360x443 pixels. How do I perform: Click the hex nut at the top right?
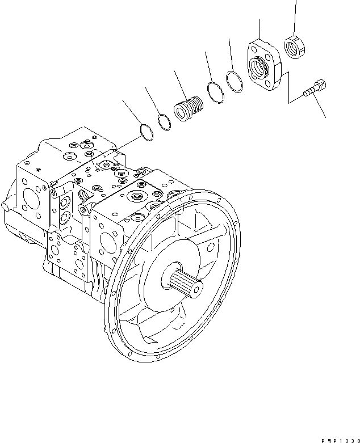point(294,46)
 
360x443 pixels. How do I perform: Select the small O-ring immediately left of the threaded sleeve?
point(164,121)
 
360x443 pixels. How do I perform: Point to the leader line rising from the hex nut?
point(295,17)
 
